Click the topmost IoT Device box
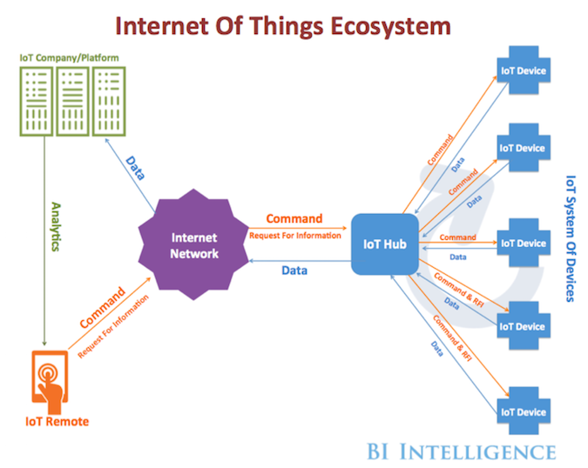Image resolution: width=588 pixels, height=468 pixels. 522,68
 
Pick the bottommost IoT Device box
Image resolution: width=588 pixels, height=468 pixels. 522,411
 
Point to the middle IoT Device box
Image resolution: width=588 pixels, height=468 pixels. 522,243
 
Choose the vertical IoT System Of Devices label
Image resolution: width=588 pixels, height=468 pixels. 570,236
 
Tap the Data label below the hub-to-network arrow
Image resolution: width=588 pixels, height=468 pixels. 294,271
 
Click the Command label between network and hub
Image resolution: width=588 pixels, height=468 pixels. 294,218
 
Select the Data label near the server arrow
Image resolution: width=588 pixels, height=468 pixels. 136,168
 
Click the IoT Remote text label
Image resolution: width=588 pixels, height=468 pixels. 54,422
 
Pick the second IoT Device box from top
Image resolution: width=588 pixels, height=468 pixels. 522,148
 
